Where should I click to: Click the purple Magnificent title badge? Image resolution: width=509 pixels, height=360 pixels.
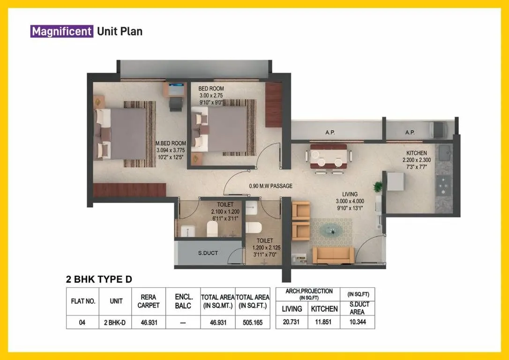61,31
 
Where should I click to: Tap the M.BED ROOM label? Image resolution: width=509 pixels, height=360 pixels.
171,143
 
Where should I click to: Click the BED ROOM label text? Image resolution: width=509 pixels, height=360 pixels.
211,89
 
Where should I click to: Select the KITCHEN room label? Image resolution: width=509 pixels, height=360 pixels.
416,153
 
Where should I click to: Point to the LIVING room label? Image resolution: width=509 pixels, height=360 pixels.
350,194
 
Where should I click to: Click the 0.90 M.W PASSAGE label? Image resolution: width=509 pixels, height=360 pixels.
270,186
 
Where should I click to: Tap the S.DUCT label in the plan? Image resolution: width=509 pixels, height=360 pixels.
207,253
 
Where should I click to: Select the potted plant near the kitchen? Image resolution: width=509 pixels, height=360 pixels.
378,187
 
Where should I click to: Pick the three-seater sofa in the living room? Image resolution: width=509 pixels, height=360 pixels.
333,255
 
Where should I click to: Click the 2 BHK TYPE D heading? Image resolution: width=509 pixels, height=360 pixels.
99,280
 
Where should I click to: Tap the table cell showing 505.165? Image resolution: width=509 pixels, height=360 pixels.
253,322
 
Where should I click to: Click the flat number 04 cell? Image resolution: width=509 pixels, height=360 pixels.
82,322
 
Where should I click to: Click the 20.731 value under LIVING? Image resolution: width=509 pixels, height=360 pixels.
292,322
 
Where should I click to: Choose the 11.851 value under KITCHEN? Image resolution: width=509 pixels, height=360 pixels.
324,322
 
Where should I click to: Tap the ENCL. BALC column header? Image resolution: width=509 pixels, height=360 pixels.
183,301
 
